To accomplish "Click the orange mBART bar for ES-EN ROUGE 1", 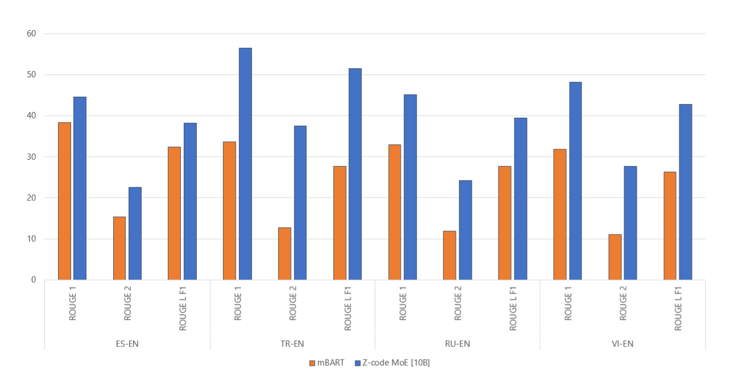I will click(x=64, y=201).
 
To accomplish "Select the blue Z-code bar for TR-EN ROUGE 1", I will click(x=245, y=164).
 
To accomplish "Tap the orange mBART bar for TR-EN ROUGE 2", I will click(x=284, y=254).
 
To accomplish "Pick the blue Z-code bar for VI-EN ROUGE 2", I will click(x=630, y=223).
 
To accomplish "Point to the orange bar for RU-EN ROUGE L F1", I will click(x=505, y=223).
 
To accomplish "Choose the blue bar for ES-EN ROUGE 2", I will click(x=135, y=233).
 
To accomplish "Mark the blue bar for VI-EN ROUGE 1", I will click(x=575, y=181).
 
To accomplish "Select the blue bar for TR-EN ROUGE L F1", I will click(x=355, y=174).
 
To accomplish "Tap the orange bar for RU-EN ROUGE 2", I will click(x=449, y=255).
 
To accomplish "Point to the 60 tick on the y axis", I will click(x=31, y=34).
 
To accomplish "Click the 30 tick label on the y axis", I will click(x=31, y=156).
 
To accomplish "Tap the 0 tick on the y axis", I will click(x=34, y=280).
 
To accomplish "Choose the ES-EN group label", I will click(x=127, y=344).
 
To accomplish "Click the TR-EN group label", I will click(x=292, y=344).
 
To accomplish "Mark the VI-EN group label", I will click(x=622, y=344).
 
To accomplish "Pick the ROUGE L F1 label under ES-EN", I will click(x=183, y=309).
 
